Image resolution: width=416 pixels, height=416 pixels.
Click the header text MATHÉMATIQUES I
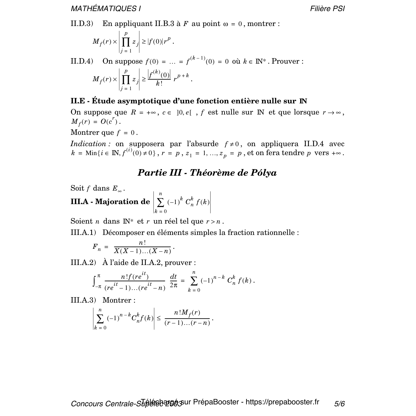click(x=106, y=9)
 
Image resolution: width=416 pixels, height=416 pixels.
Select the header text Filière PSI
click(x=327, y=9)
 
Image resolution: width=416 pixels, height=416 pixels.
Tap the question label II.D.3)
click(x=82, y=24)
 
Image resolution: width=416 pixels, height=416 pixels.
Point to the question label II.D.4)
click(x=82, y=61)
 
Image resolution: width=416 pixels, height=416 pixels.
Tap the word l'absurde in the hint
click(x=202, y=144)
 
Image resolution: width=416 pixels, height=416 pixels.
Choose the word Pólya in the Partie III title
click(x=264, y=173)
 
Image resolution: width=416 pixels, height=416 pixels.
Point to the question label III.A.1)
click(x=83, y=233)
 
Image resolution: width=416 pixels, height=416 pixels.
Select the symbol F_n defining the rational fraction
click(x=97, y=247)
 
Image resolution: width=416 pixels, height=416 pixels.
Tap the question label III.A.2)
click(x=83, y=263)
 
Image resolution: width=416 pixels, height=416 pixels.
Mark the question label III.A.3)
click(x=83, y=300)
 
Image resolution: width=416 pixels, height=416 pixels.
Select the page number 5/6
click(x=339, y=404)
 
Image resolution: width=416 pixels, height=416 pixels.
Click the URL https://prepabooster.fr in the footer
click(x=282, y=402)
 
